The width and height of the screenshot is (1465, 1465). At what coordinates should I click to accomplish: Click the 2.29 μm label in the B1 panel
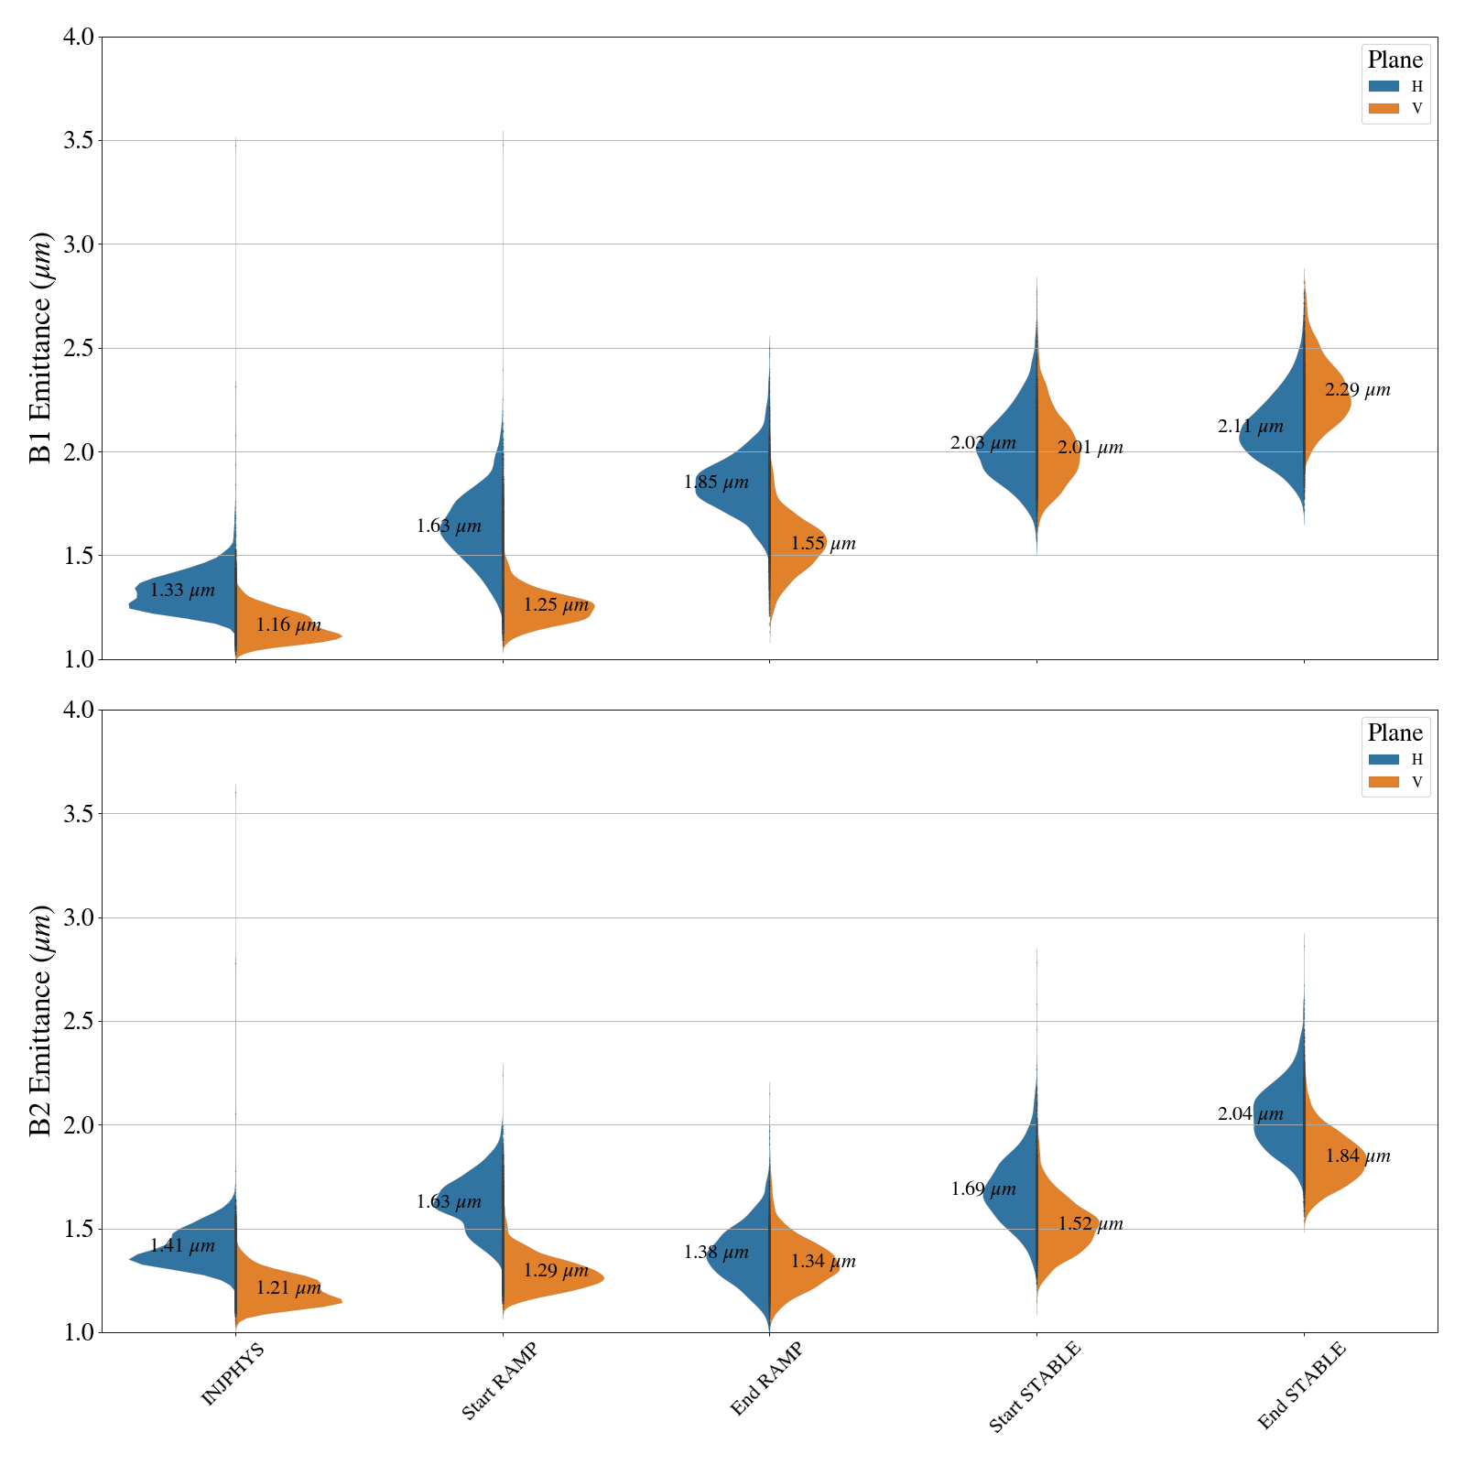[1357, 390]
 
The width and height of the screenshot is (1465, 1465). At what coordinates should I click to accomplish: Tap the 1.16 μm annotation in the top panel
[288, 625]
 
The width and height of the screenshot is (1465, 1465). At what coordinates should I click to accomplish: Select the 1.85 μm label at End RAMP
[716, 483]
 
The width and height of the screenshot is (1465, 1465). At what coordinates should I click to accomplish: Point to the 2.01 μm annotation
[1090, 448]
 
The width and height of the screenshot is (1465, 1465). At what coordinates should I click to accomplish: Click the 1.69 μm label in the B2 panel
[983, 1189]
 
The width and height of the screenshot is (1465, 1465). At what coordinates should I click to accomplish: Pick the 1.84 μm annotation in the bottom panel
[1357, 1156]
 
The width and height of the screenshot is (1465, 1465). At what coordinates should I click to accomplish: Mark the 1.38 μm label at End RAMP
[716, 1253]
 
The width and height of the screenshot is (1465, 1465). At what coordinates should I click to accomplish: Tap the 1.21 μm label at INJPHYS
[288, 1288]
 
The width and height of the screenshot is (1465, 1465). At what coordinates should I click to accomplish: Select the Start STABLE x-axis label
[1035, 1386]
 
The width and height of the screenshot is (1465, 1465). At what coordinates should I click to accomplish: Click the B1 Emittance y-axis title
[41, 348]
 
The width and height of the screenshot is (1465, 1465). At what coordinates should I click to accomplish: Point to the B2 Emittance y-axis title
[41, 1021]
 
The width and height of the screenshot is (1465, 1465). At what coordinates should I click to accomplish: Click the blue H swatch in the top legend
[1384, 86]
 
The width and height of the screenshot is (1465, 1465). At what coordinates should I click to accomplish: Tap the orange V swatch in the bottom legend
[1384, 782]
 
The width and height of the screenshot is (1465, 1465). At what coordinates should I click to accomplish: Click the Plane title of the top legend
[1394, 60]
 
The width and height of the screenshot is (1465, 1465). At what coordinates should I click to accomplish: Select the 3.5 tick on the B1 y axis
[79, 141]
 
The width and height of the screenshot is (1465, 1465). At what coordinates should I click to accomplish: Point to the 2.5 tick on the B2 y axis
[79, 1021]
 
